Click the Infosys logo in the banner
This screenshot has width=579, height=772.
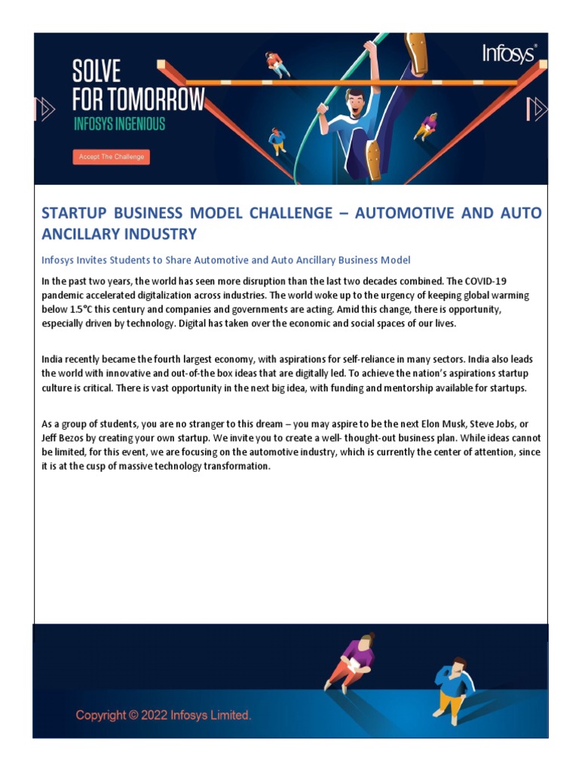pos(510,54)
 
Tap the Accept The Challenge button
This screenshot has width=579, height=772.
pos(112,157)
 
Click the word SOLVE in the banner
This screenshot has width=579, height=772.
pos(96,72)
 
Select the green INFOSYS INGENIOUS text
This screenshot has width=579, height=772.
pos(119,124)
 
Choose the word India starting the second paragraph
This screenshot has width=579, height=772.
pos(53,360)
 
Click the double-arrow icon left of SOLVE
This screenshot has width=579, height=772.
pos(47,110)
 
